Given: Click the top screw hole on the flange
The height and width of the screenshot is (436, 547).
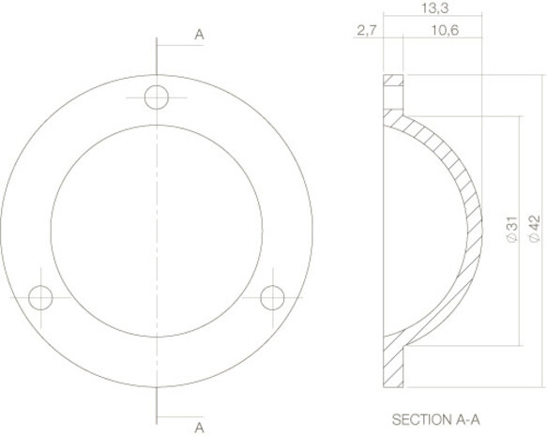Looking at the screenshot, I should pos(158,97).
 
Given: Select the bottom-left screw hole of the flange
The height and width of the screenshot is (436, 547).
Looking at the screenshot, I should pos(40,298).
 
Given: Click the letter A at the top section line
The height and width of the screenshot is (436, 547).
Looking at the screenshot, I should pos(199,35).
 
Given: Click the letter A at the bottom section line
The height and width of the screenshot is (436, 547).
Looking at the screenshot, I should pos(199,427).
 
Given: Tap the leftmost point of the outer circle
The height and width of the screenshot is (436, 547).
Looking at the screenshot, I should pos(4,231).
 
